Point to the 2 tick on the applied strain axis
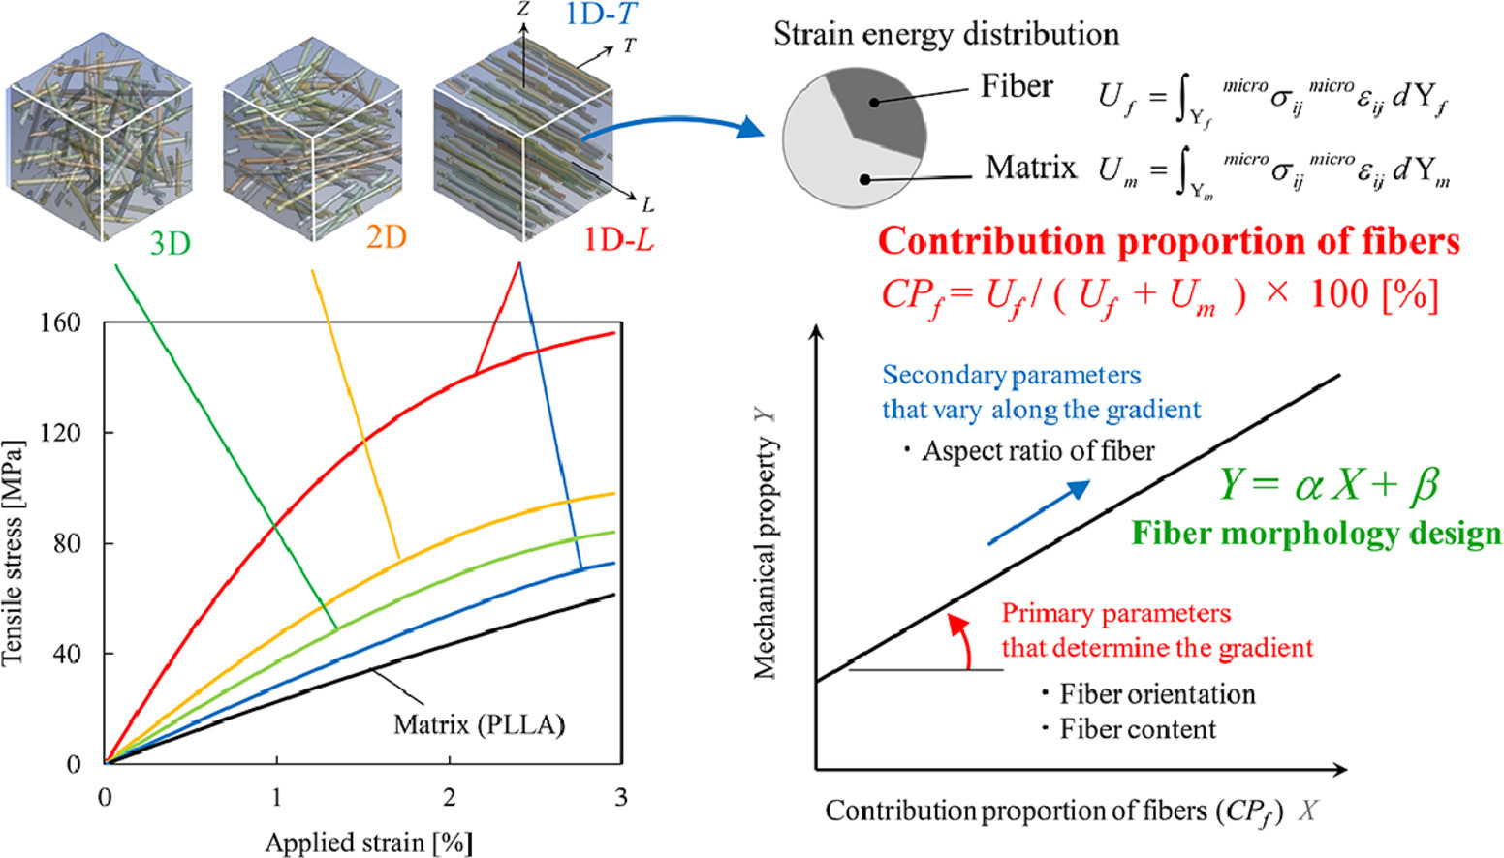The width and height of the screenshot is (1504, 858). click(449, 797)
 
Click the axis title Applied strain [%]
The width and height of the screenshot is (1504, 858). click(368, 842)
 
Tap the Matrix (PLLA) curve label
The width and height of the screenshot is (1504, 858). click(479, 724)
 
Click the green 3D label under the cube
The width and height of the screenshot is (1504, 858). click(170, 243)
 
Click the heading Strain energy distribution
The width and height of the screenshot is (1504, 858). click(946, 34)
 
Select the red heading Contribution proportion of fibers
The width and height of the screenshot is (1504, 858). click(1169, 241)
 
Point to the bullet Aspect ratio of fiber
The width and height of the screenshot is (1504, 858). click(1029, 451)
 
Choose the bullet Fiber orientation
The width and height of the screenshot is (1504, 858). click(1149, 694)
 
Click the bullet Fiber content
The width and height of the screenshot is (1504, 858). click(1130, 729)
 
